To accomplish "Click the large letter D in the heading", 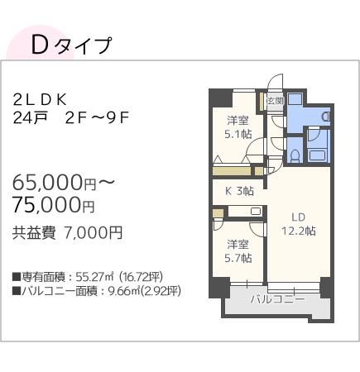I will [39, 45].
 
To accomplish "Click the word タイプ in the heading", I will [84, 46].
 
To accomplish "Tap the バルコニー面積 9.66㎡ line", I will [97, 291].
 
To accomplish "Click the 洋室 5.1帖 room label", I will [238, 126].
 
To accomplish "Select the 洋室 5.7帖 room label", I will [238, 251].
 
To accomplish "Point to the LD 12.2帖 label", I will [298, 225].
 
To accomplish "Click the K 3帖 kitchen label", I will [240, 191].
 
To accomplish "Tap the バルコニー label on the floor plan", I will [272, 298].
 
